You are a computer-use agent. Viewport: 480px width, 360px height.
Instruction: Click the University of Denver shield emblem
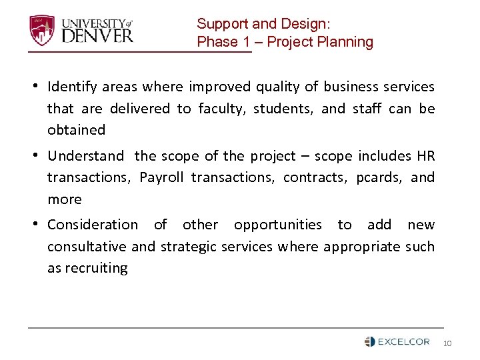click(41, 30)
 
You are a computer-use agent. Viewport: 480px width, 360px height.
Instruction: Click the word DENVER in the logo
click(97, 35)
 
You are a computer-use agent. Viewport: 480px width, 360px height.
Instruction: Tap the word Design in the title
click(303, 24)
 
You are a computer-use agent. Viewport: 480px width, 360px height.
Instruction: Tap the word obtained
click(76, 130)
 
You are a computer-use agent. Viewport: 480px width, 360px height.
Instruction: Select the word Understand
click(85, 156)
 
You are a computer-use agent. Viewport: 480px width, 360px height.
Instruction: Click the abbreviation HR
click(425, 156)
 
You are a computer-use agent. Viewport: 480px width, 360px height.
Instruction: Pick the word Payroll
click(162, 177)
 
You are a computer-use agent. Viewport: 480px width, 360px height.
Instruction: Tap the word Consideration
click(93, 225)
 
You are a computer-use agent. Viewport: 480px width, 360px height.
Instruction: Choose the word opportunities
click(277, 225)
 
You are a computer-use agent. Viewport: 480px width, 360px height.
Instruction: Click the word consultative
click(87, 247)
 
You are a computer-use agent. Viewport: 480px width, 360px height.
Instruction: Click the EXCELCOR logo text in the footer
click(404, 342)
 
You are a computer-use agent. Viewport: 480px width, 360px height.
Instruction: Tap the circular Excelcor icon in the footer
click(370, 342)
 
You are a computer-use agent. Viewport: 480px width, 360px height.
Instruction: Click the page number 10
click(447, 343)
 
